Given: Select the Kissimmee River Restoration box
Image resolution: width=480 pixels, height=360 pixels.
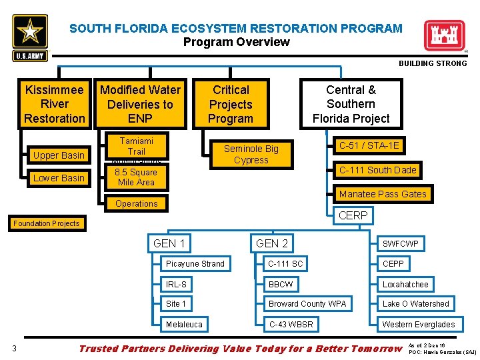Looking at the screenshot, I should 55,104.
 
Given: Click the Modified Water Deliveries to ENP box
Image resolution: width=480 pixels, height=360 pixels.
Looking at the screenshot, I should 140,104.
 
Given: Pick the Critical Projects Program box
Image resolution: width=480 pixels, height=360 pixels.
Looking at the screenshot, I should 231,104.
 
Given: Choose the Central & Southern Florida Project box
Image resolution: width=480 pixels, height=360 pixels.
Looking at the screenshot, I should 351,104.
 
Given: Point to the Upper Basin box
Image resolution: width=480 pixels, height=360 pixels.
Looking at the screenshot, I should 59,155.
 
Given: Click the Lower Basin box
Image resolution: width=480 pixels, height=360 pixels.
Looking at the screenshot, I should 59,178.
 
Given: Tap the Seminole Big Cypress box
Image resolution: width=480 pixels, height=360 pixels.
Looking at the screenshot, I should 251,154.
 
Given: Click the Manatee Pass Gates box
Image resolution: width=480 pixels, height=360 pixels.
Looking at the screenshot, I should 383,194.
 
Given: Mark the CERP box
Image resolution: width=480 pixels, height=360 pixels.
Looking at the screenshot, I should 353,215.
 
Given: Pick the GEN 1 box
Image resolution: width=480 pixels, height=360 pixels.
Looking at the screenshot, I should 169,243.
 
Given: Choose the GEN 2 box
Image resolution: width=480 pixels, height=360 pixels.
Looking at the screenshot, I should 272,243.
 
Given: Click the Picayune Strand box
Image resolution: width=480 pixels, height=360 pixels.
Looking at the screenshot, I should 195,264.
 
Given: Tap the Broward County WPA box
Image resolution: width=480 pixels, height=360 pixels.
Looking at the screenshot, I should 307,304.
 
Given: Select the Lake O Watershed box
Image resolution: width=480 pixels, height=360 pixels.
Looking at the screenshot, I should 415,304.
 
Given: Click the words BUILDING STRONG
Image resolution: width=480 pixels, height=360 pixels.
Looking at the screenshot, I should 433,63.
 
